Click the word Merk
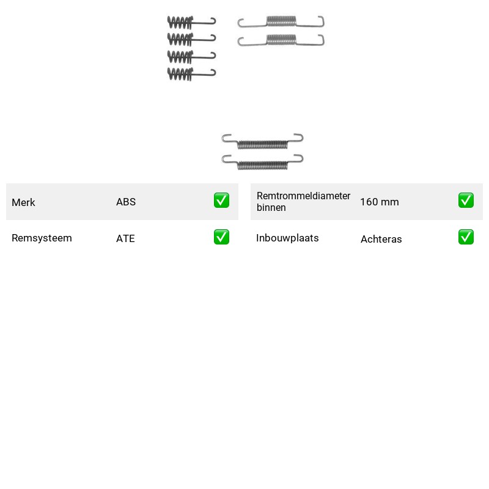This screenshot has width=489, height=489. pos(23,202)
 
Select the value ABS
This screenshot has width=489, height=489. pos(126,202)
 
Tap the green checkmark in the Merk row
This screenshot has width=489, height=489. pos(221,200)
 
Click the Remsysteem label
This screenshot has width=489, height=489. pos(42,238)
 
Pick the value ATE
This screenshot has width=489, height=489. pos(125,238)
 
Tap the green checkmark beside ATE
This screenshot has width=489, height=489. pos(221,237)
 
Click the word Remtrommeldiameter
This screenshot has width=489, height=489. pos(303,196)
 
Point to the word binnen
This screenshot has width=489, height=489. pos(271,207)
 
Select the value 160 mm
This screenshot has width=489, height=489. pos(380,202)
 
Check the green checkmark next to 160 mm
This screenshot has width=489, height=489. pos(466,200)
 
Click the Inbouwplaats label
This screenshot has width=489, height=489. pos(287,238)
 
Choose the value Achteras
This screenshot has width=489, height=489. pos(381,239)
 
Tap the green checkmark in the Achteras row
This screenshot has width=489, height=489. pos(466,237)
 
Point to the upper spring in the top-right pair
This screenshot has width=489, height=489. pos(281,21)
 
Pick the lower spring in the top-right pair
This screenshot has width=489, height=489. pos(281,40)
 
